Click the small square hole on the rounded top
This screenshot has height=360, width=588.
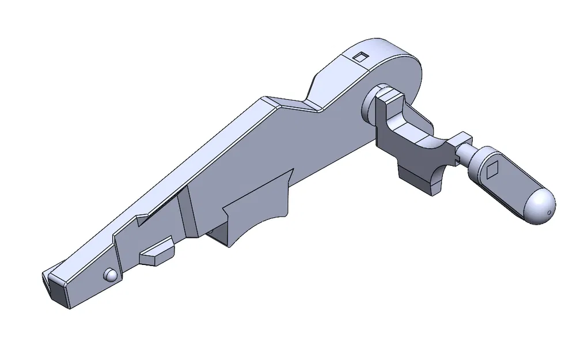click(x=360, y=56)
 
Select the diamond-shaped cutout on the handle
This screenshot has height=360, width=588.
click(x=492, y=169)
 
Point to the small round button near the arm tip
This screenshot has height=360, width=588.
click(x=110, y=274)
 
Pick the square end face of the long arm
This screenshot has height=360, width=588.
click(x=57, y=289)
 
